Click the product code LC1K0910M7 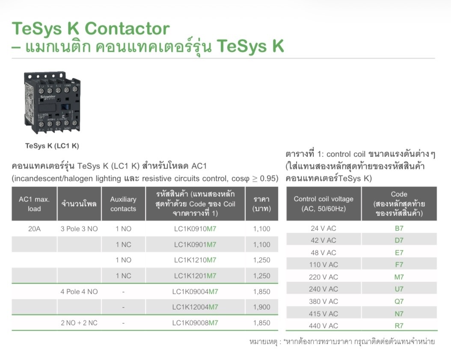[x=195, y=229]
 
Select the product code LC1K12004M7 [x=195, y=307]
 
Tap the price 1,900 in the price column [x=261, y=307]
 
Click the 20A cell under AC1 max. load [x=34, y=229]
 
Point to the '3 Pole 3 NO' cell [x=79, y=229]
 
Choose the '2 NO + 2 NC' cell [x=79, y=323]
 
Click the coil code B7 [x=399, y=228]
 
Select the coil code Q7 [x=399, y=301]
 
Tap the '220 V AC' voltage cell [x=323, y=277]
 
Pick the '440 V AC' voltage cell [x=323, y=326]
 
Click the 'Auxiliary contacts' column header [x=123, y=204]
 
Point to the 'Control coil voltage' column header [x=323, y=204]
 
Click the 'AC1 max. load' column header [x=34, y=204]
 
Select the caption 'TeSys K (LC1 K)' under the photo [x=52, y=146]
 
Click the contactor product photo [x=52, y=103]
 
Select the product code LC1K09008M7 [x=195, y=323]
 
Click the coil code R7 [x=399, y=326]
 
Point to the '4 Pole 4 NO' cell [x=79, y=292]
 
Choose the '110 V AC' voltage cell [x=323, y=265]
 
